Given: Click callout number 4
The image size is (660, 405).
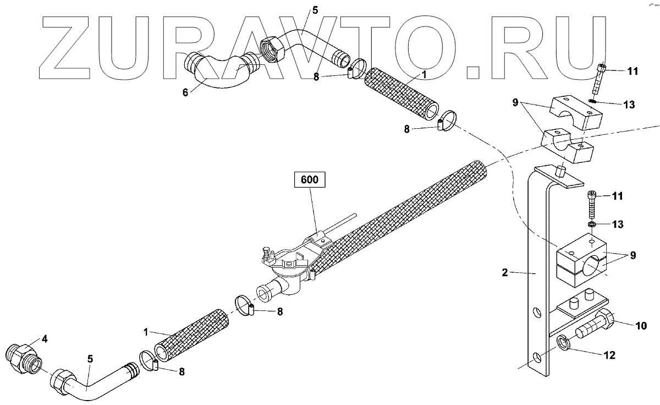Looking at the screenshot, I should (x=45, y=340).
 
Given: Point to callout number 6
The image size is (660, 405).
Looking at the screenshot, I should (x=185, y=92).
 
